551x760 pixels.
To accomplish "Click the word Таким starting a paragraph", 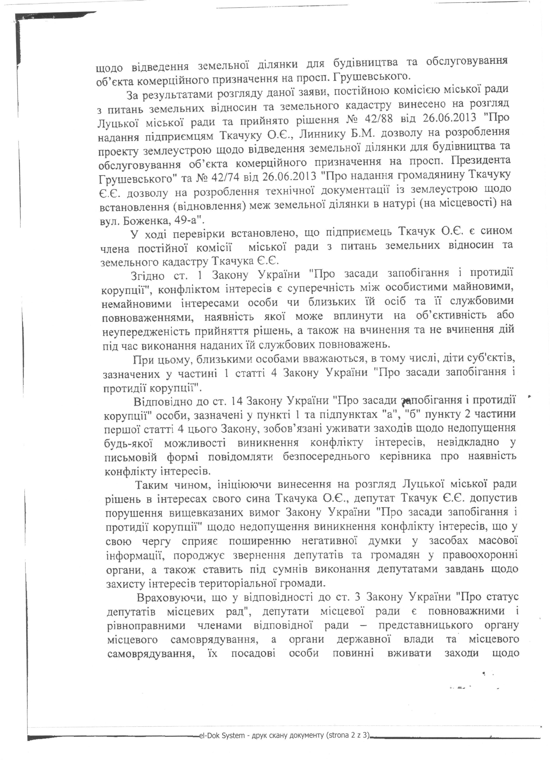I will pyautogui.click(x=154, y=484).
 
